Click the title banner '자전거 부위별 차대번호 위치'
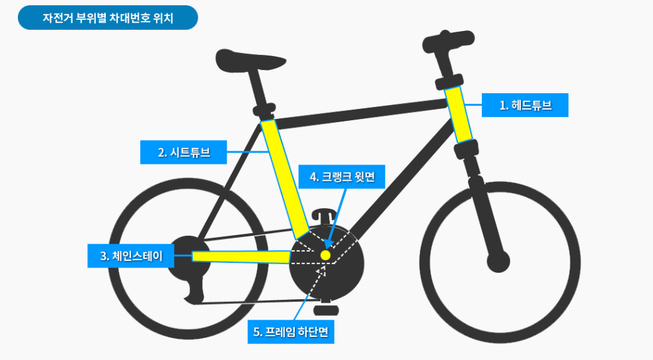pyautogui.click(x=108, y=18)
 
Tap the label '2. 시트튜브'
pyautogui.click(x=183, y=153)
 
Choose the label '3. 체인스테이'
pyautogui.click(x=130, y=256)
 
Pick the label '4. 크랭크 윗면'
pyautogui.click(x=342, y=177)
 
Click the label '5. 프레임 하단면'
pyautogui.click(x=291, y=331)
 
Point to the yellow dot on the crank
pyautogui.click(x=325, y=254)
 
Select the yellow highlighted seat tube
pyautogui.click(x=284, y=178)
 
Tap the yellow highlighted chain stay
pyautogui.click(x=241, y=256)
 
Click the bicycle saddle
pyautogui.click(x=250, y=61)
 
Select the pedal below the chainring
pyautogui.click(x=326, y=308)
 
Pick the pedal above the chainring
pyautogui.click(x=323, y=215)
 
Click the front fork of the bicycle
pyautogui.click(x=485, y=211)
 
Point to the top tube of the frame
pyautogui.click(x=360, y=112)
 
